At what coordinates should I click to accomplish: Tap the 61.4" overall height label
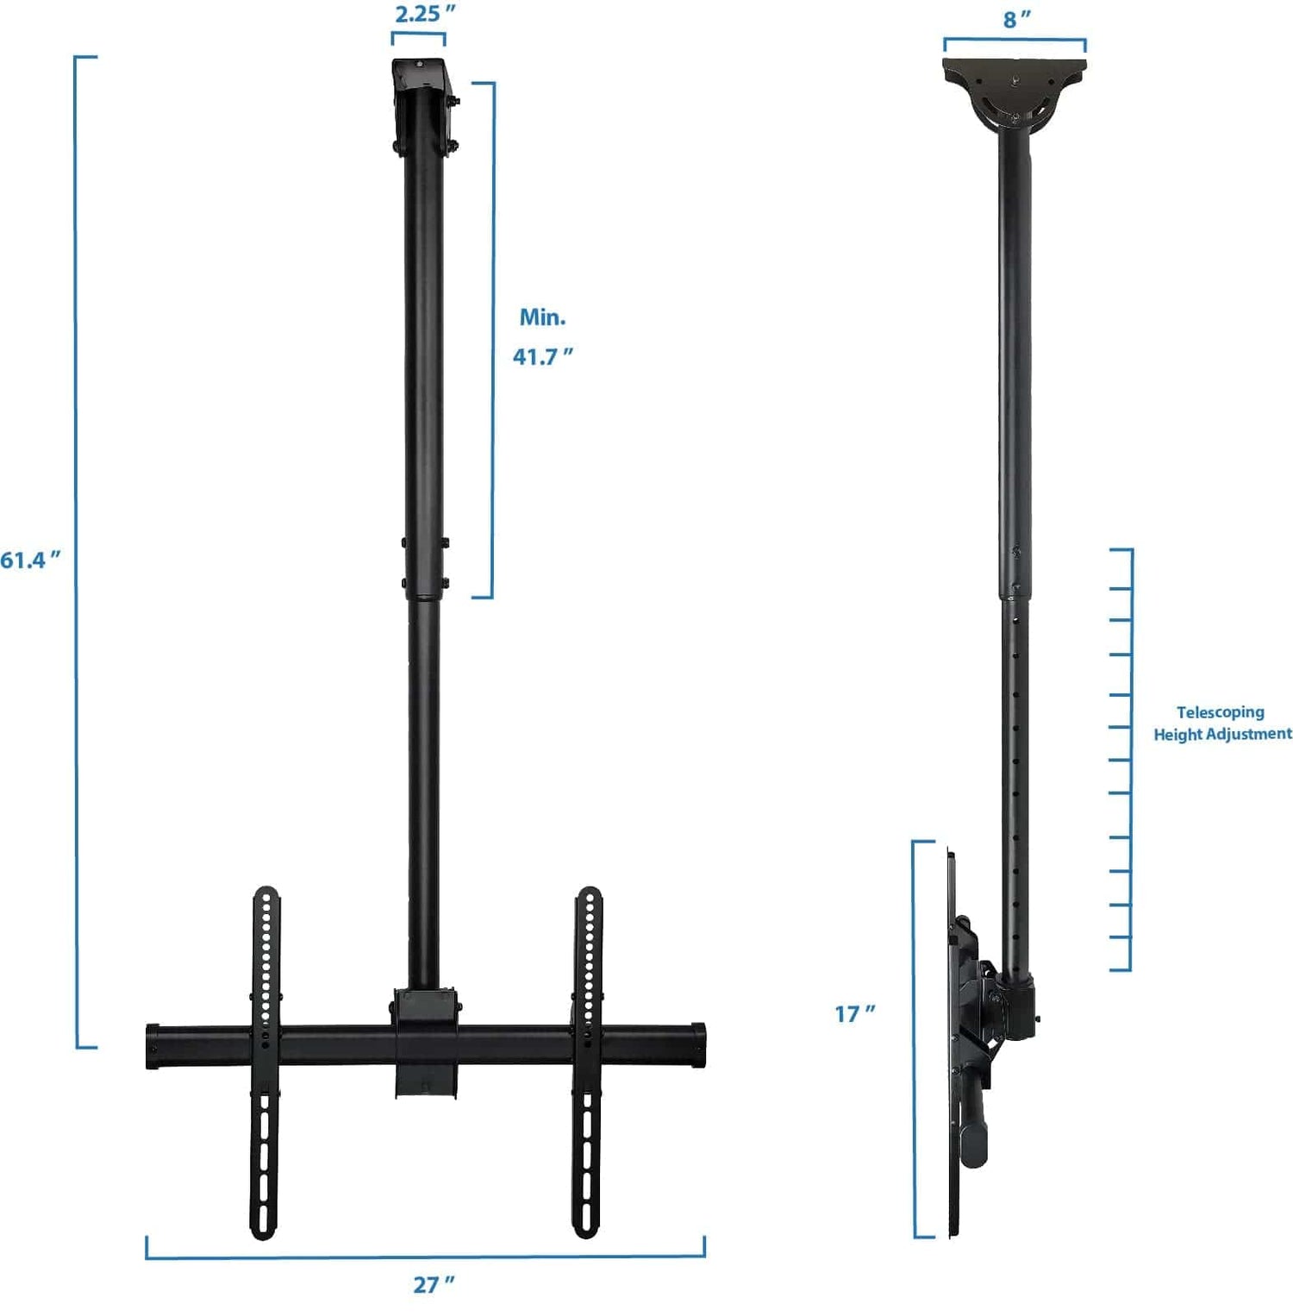pos(30,561)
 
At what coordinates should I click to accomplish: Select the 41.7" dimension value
pos(542,356)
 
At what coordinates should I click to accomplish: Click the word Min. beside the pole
pos(542,317)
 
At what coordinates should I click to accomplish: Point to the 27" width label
pos(434,1284)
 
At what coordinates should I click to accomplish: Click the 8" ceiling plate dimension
pos(1016,19)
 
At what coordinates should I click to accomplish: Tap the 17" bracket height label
pos(854,1013)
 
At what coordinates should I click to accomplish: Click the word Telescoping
pos(1220,712)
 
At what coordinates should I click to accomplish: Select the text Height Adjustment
pos(1222,734)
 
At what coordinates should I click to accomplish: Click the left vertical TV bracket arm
pos(265,1061)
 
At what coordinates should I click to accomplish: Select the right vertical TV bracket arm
pos(588,1061)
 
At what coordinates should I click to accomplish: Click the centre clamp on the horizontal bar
pos(426,1043)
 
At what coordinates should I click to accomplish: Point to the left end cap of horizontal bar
pos(153,1046)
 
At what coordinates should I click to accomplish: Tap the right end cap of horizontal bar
pos(697,1044)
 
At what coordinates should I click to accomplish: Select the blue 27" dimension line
pos(425,1256)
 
